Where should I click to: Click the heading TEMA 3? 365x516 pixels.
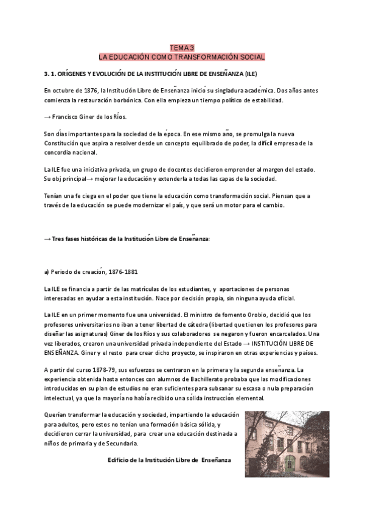tap(182, 47)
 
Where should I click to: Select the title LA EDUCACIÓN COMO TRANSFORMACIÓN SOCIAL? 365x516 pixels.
tap(182, 57)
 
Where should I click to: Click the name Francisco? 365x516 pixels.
tap(69, 116)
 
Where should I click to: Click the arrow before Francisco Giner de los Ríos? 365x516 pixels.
tap(47, 116)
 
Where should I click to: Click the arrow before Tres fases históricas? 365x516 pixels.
tap(47, 239)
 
